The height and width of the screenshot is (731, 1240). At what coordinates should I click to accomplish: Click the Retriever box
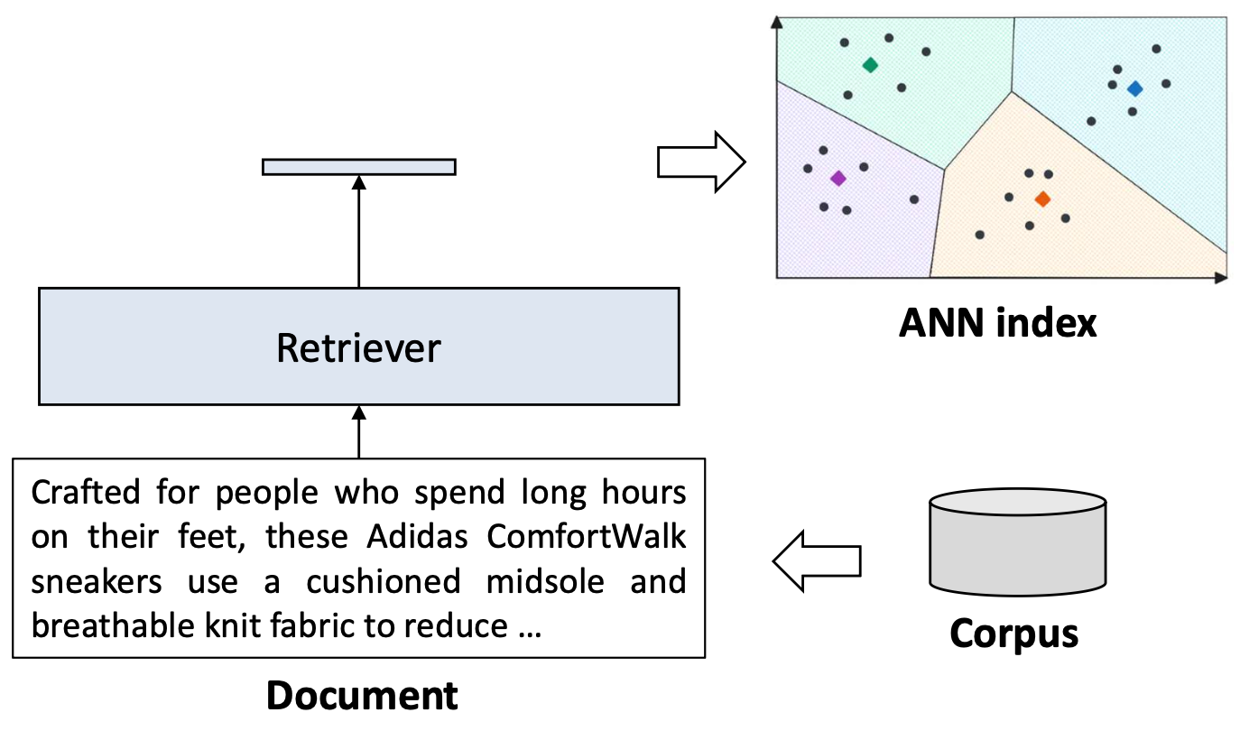click(x=358, y=347)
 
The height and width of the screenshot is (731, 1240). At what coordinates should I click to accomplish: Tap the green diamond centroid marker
click(x=870, y=65)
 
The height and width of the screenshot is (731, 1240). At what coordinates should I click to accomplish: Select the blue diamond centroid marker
click(x=1134, y=88)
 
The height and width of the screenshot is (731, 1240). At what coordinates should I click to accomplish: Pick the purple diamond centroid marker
click(x=837, y=179)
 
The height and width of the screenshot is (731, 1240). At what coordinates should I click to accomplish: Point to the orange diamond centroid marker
click(x=1042, y=199)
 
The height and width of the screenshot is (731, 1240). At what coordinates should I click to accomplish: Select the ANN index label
click(x=997, y=322)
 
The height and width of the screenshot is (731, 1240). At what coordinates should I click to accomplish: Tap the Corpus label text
click(x=1013, y=634)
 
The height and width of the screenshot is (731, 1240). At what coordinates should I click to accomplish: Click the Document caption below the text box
click(x=362, y=696)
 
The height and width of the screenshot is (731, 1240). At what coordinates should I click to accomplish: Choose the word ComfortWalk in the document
click(x=587, y=537)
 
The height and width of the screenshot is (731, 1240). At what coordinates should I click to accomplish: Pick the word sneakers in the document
click(x=97, y=581)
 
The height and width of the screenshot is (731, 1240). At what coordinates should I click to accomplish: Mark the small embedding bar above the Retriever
click(x=358, y=166)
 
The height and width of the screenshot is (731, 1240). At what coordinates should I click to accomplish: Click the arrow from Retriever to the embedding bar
click(x=358, y=232)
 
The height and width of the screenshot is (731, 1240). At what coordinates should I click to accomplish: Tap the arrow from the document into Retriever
click(x=358, y=432)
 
